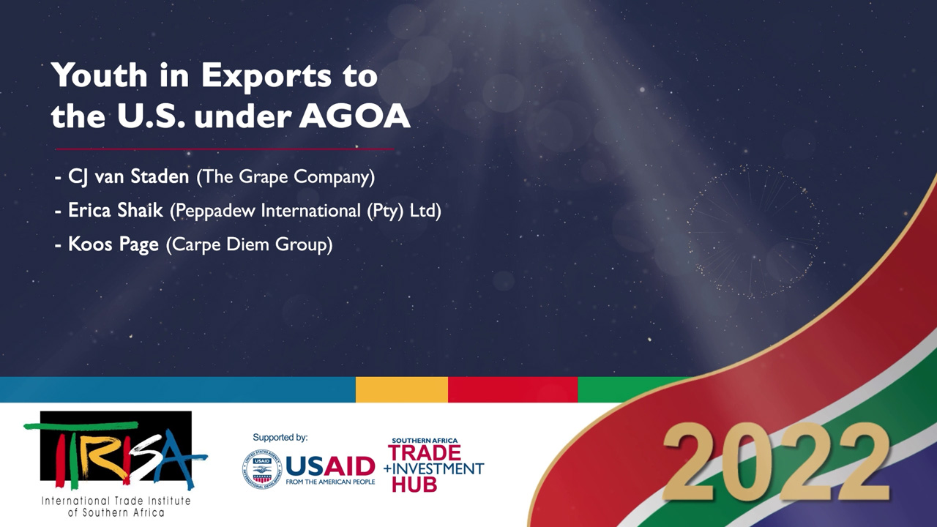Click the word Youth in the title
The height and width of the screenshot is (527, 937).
(x=99, y=75)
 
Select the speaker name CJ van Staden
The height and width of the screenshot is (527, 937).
(x=128, y=176)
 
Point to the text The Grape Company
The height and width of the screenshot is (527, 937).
(x=285, y=177)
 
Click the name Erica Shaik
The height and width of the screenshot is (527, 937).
(x=116, y=210)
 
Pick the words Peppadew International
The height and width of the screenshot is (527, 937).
(x=268, y=210)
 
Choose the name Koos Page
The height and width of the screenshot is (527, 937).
(x=113, y=244)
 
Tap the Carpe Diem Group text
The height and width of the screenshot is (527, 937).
(x=250, y=244)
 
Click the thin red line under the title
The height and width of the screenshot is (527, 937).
(x=225, y=149)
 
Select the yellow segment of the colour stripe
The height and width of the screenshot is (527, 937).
(x=402, y=389)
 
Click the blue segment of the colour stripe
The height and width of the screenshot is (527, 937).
(x=178, y=389)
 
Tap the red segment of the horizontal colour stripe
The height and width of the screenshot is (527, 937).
(x=513, y=389)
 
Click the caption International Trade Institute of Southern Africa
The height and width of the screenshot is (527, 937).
(x=116, y=507)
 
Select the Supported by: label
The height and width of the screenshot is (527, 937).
(x=280, y=438)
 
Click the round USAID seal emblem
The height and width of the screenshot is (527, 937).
(x=262, y=469)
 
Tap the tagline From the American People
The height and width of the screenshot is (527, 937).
(x=330, y=482)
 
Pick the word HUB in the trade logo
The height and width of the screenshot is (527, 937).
(x=414, y=485)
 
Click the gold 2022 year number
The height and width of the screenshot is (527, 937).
(x=777, y=461)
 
